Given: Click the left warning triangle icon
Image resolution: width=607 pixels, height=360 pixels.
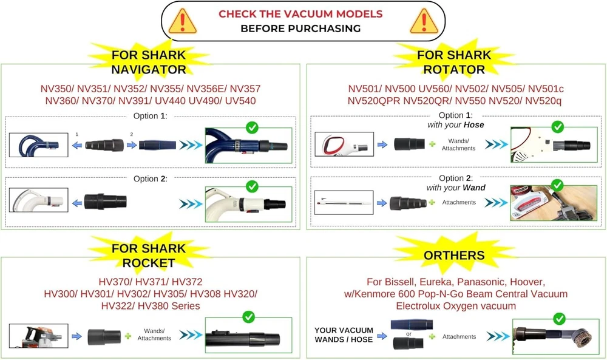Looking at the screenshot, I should tap(183, 22).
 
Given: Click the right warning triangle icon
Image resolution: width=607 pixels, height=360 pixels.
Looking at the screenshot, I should tap(421, 22).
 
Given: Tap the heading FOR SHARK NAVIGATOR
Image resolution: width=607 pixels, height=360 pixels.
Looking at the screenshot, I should tap(149, 62).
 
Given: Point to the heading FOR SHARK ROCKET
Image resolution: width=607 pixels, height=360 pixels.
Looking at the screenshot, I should tap(149, 256).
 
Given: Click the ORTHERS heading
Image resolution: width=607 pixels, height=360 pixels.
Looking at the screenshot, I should tap(455, 256).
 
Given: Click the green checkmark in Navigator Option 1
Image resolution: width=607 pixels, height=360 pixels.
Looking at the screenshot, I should tap(251, 128).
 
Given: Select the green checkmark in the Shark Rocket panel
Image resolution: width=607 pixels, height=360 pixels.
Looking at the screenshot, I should tap(248, 317).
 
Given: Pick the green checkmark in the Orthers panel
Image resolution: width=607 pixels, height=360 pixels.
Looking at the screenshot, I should tap(559, 318).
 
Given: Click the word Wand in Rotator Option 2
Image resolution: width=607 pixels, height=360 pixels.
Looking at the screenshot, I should tap(473, 188).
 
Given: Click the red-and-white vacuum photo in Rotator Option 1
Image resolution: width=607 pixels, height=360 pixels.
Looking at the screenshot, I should tap(342, 146).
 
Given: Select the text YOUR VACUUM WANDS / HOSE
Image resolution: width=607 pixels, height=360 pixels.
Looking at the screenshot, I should tap(343, 335).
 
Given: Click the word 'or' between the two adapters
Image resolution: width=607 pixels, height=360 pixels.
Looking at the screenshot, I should tap(409, 334).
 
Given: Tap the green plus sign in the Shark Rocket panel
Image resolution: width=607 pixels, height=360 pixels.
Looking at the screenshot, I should tap(127, 335).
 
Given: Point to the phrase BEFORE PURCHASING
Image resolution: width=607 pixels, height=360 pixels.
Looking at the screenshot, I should tap(300, 28).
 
